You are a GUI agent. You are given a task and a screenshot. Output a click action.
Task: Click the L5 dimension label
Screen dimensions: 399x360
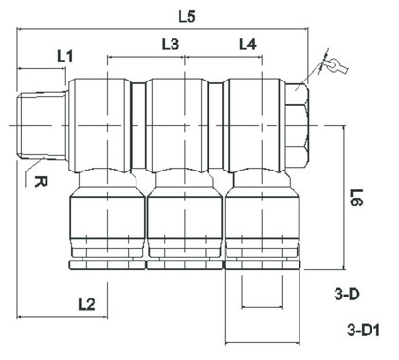click(x=188, y=17)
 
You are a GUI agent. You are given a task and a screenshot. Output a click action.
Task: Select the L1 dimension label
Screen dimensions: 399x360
click(x=65, y=56)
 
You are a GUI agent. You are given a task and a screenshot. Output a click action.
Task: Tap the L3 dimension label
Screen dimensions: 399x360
click(x=171, y=45)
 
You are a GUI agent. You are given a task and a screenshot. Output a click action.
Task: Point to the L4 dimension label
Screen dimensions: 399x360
click(x=247, y=45)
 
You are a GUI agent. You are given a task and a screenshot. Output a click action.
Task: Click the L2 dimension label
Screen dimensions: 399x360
click(x=86, y=304)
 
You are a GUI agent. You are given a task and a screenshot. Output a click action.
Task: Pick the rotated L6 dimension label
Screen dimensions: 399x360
click(x=357, y=197)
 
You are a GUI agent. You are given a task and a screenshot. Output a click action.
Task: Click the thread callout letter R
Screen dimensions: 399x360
click(x=41, y=182)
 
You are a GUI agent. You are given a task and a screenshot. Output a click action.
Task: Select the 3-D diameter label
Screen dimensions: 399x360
click(x=347, y=295)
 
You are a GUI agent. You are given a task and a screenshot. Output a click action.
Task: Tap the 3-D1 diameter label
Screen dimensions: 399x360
click(x=363, y=331)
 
